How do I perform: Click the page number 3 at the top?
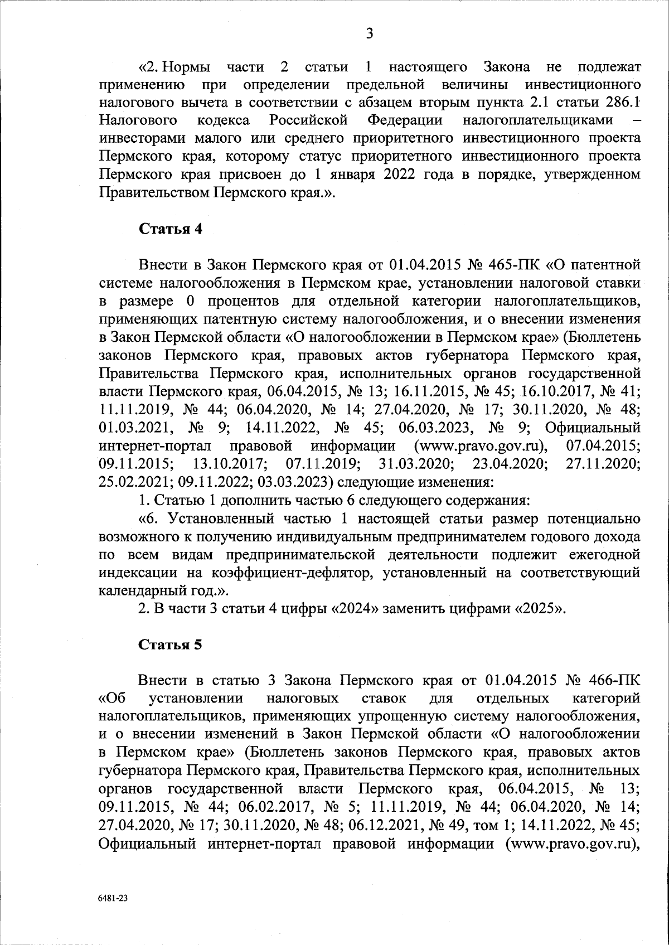(x=369, y=35)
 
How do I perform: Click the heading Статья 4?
(x=170, y=230)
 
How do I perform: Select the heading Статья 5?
(x=170, y=645)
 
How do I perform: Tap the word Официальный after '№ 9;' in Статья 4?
(x=593, y=429)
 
